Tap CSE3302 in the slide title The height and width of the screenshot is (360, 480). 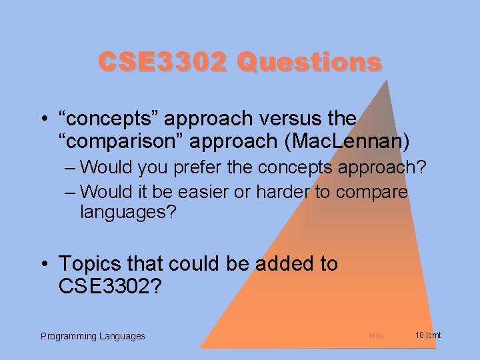click(163, 62)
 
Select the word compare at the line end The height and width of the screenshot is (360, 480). click(371, 191)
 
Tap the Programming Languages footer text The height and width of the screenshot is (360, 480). click(93, 336)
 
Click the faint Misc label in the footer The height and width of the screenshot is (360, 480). click(377, 335)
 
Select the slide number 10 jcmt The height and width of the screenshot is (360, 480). click(427, 335)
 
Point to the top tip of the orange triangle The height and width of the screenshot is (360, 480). click(387, 81)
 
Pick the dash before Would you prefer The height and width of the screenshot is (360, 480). click(71, 167)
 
